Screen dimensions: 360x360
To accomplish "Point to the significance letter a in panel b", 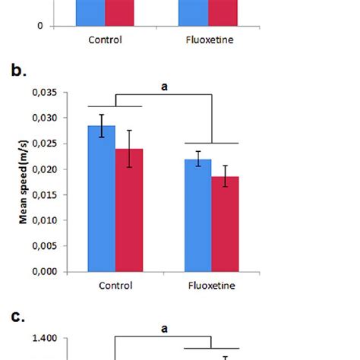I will [163, 87].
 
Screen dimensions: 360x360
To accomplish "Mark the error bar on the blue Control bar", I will [102, 125].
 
